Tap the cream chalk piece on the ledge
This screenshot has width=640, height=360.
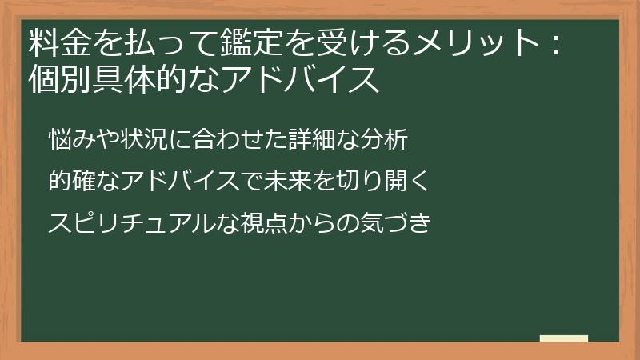tap(563, 339)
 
